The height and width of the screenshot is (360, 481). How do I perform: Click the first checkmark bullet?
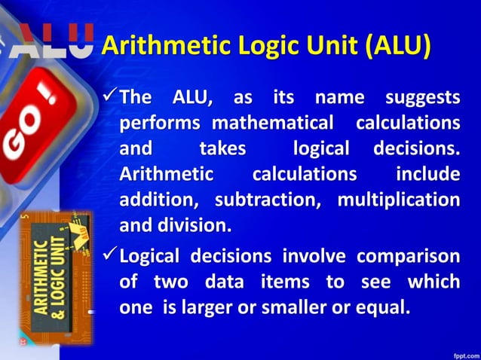pos(109,96)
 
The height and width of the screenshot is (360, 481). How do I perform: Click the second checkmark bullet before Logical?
pos(109,256)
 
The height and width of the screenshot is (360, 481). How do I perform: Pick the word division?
pos(195,225)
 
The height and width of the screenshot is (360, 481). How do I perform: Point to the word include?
pos(427,175)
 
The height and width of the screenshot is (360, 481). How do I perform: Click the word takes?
pos(222,148)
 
